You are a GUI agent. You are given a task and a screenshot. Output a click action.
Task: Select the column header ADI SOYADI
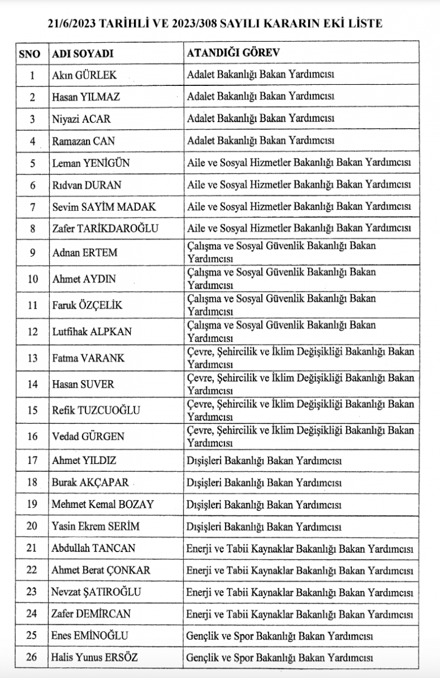click(x=83, y=53)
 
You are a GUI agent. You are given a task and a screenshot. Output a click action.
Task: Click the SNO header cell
click(x=29, y=53)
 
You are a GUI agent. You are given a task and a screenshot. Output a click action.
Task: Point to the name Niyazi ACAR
click(x=81, y=119)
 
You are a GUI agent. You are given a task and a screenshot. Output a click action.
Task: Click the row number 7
click(x=32, y=207)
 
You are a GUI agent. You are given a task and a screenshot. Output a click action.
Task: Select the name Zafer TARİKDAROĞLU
click(x=105, y=229)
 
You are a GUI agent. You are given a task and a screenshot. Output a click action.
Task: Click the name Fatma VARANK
click(x=88, y=358)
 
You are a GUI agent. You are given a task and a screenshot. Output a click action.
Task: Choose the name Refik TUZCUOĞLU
click(x=96, y=410)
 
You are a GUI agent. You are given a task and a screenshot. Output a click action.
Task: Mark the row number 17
click(x=32, y=460)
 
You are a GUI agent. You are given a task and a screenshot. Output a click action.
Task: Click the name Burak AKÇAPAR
click(x=90, y=483)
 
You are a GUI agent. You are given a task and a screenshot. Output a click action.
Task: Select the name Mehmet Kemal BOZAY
click(x=103, y=504)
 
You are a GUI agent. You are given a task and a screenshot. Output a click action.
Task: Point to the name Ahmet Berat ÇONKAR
click(x=101, y=570)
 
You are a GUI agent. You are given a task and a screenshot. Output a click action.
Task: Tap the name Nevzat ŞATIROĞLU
click(x=96, y=592)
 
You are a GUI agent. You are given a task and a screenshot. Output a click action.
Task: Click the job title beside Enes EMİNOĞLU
click(x=280, y=636)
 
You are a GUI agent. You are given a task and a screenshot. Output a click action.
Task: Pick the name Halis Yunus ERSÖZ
click(x=94, y=658)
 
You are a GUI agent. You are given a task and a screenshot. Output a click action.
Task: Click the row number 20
click(x=32, y=526)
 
